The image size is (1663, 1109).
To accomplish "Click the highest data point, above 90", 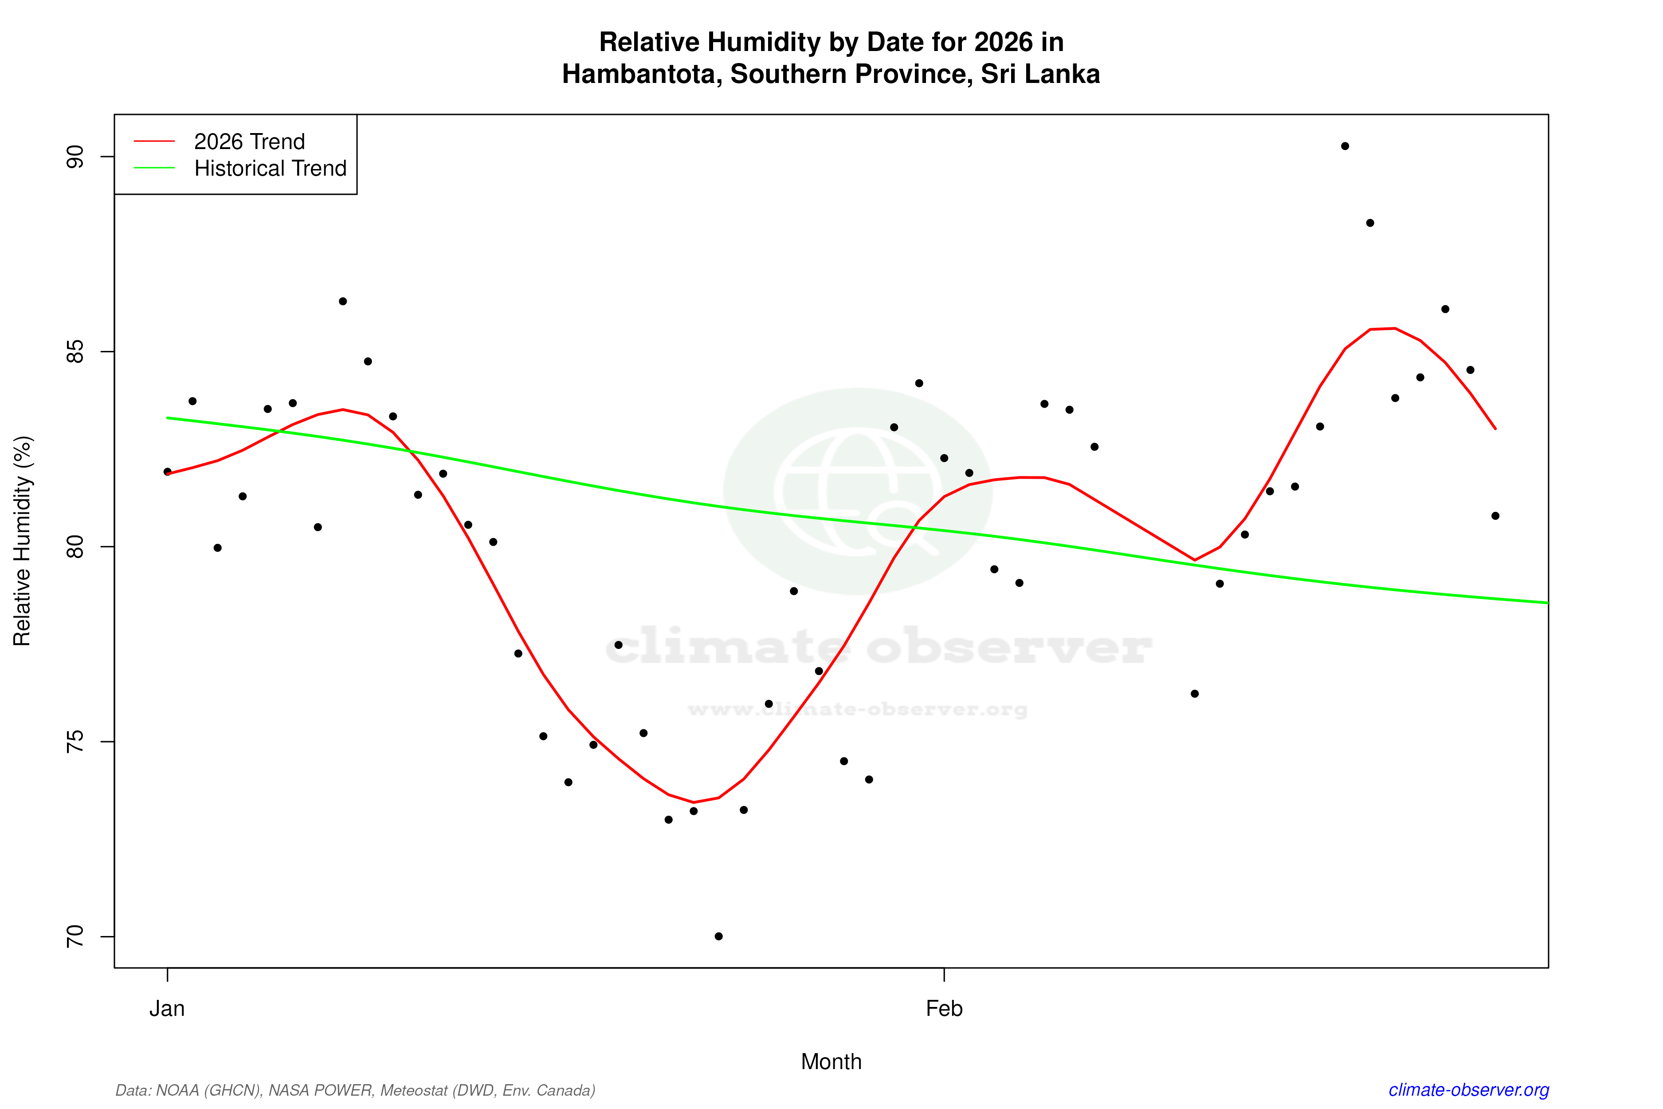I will tap(1345, 146).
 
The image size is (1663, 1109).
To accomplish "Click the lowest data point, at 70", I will tap(718, 936).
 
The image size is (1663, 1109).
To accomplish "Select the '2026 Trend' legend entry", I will tap(249, 142).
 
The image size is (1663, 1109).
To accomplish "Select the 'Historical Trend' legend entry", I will tap(270, 168).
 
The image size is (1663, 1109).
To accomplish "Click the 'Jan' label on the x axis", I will tap(167, 1009).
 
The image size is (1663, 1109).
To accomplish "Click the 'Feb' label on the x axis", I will tap(944, 1009).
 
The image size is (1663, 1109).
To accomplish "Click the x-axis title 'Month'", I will tap(831, 1062).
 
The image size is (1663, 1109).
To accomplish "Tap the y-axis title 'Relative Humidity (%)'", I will tap(23, 541).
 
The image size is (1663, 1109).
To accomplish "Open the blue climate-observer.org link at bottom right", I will tap(1469, 1090).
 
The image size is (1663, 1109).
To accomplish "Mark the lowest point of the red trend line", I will tap(694, 802).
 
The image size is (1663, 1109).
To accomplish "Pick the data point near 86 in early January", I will tap(343, 301).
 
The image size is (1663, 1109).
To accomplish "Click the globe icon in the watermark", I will tap(858, 491).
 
